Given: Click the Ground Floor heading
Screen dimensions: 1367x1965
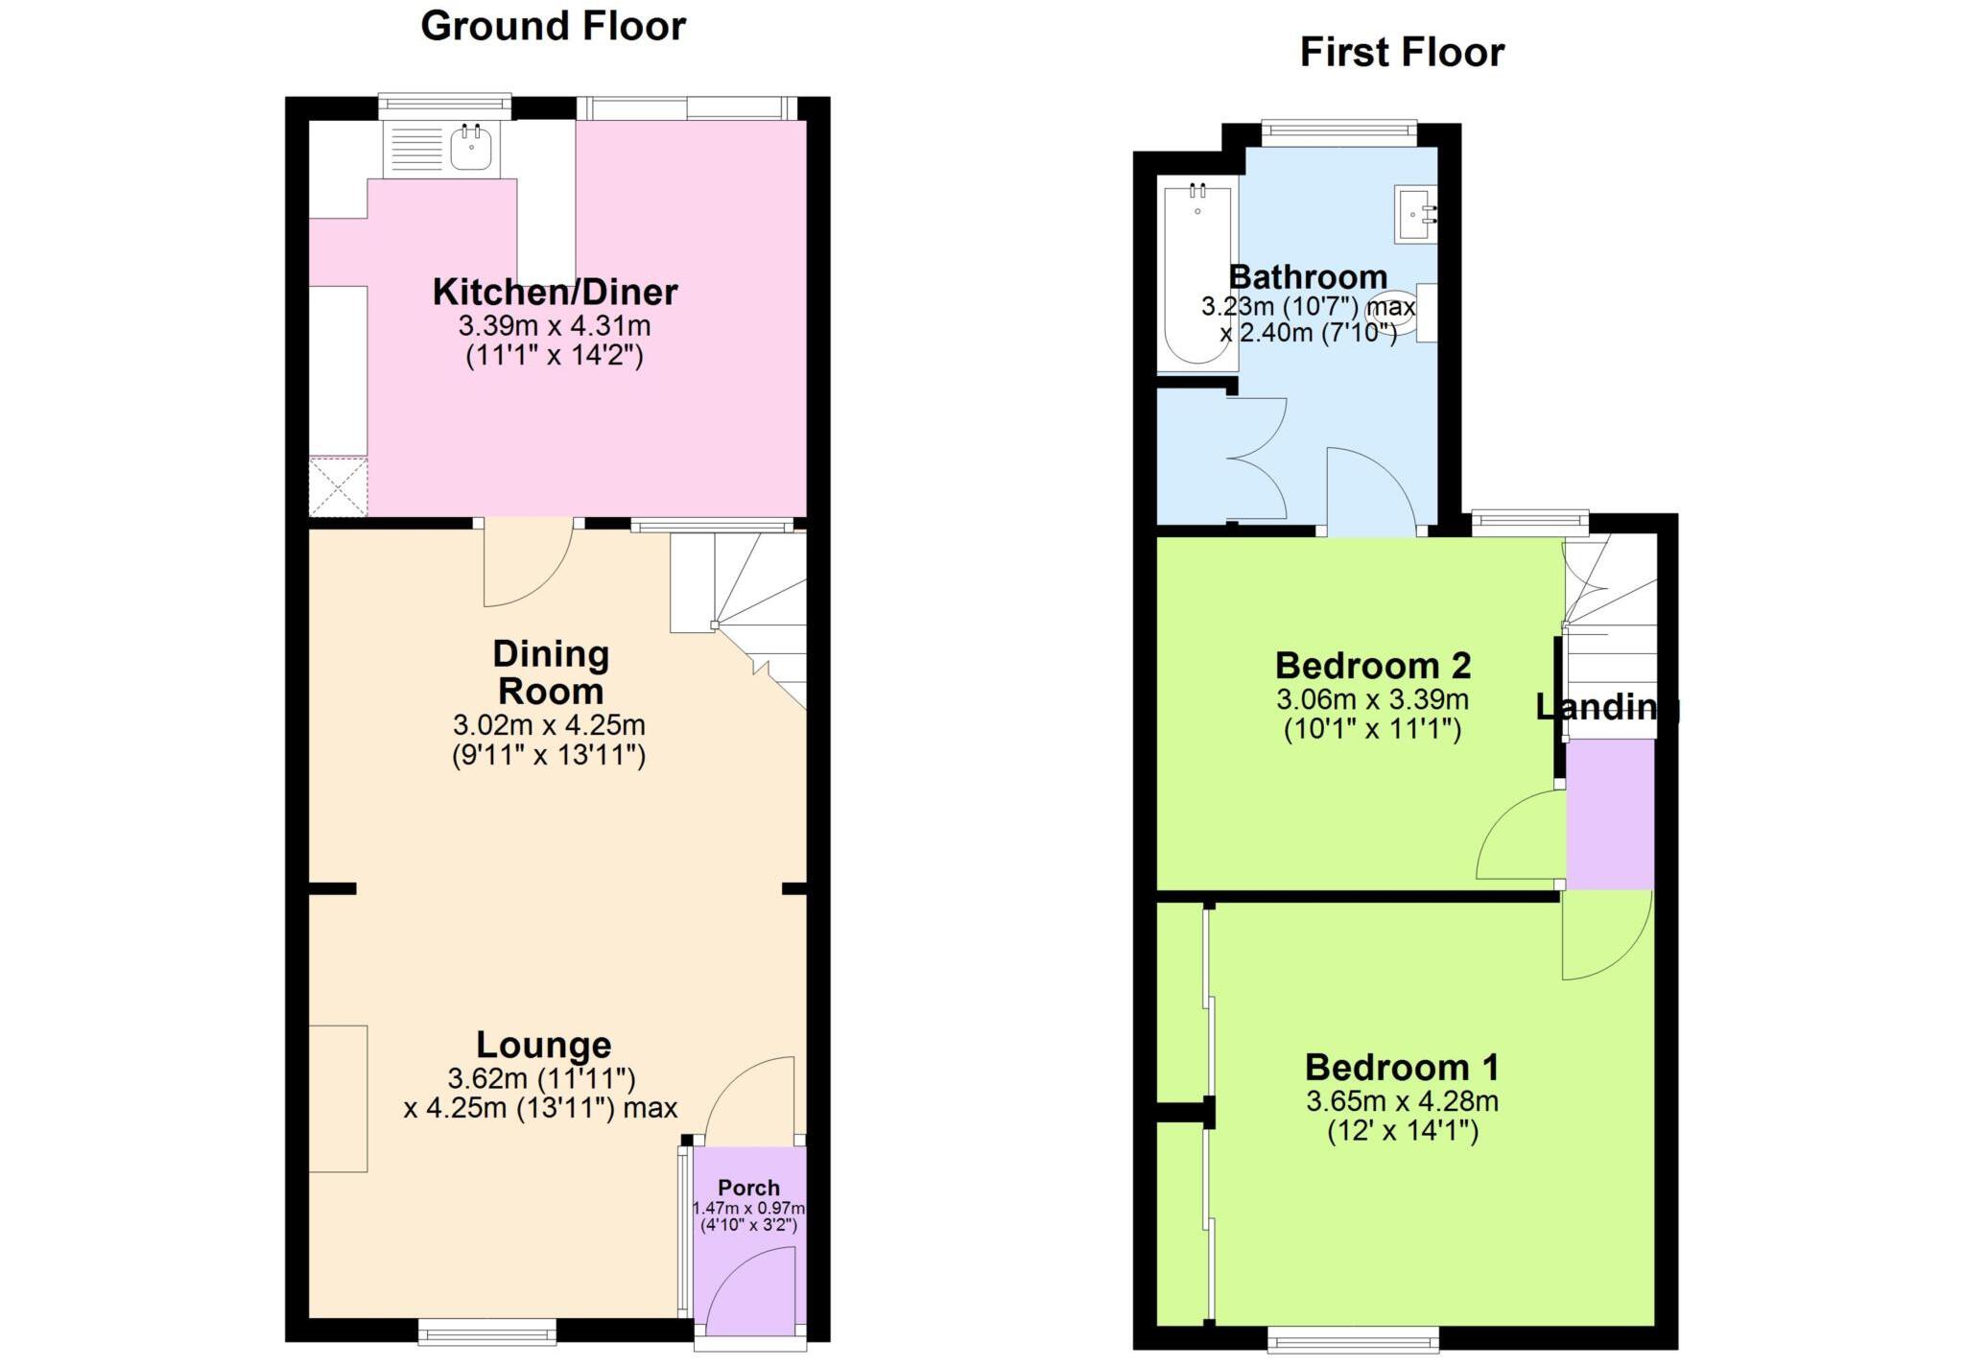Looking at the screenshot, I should [x=553, y=26].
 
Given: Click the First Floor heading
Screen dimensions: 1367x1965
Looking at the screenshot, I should [x=1401, y=52].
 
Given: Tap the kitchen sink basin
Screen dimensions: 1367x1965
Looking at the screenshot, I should [x=472, y=149].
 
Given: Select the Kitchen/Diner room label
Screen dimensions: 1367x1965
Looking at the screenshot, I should [x=555, y=292].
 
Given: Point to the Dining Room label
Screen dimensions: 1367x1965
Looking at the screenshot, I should [x=551, y=672].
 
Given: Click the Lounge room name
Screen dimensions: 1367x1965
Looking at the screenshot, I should [x=543, y=1045].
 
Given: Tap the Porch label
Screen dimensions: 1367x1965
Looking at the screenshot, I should [x=748, y=1188].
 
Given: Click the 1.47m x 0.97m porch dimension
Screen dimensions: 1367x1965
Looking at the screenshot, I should [x=748, y=1209].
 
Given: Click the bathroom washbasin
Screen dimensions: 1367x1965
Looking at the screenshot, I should [x=1416, y=214].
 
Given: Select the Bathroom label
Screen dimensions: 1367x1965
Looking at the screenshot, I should [x=1308, y=277].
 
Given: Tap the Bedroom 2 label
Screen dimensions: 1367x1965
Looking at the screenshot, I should [x=1372, y=665].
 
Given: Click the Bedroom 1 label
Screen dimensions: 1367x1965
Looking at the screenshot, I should [x=1401, y=1067].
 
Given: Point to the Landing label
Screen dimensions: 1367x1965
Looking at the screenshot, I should [x=1607, y=707].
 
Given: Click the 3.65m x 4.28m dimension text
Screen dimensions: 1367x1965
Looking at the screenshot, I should [x=1402, y=1101].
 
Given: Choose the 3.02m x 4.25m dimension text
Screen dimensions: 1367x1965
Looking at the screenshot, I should [x=549, y=724].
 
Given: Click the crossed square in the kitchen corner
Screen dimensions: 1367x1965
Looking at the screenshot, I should [x=338, y=486].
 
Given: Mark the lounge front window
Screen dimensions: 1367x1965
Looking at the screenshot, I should [x=487, y=1331].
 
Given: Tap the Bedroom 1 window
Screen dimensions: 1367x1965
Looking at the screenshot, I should [x=1353, y=1339].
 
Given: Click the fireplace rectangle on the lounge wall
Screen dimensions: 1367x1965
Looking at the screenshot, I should [x=338, y=1098].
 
